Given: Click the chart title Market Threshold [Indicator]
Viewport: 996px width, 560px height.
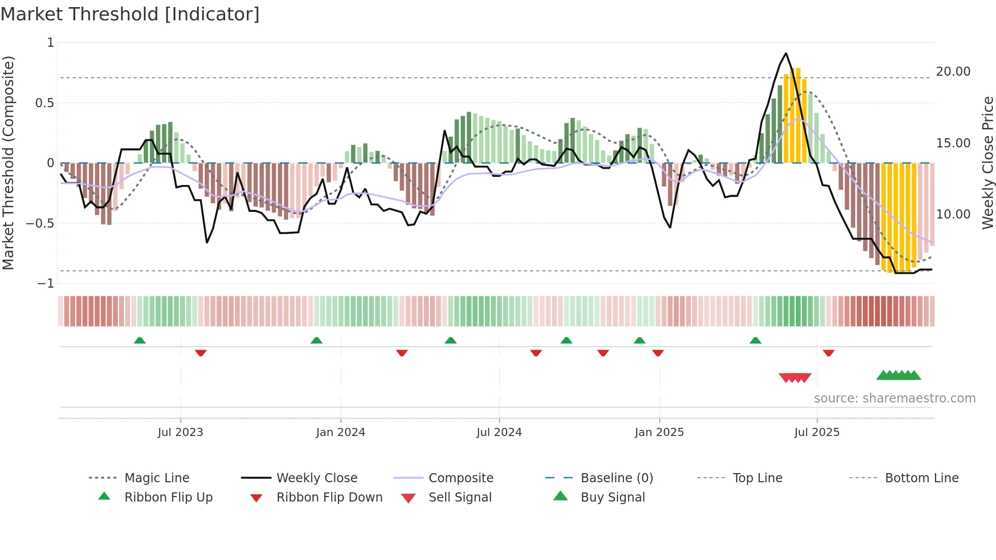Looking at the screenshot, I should (130, 14).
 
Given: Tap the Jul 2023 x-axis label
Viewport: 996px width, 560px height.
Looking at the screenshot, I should (180, 432).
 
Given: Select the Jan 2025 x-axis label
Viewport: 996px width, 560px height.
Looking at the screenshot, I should (659, 432).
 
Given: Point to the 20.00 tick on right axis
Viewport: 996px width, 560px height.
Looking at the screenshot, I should (953, 72).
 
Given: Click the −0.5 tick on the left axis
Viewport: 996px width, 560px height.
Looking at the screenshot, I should (40, 223).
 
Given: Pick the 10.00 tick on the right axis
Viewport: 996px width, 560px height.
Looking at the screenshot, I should (953, 214).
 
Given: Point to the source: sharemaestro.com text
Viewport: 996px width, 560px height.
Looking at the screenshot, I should (894, 398).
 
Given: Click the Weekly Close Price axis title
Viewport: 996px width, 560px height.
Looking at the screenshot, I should (987, 163).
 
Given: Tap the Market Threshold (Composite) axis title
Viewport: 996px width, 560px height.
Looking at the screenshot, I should (8, 163).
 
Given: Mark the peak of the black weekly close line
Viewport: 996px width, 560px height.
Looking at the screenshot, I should (786, 53).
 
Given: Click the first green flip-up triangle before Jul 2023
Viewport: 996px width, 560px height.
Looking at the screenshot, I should (140, 340).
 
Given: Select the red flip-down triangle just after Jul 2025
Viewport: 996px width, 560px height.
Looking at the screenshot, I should (828, 353).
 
